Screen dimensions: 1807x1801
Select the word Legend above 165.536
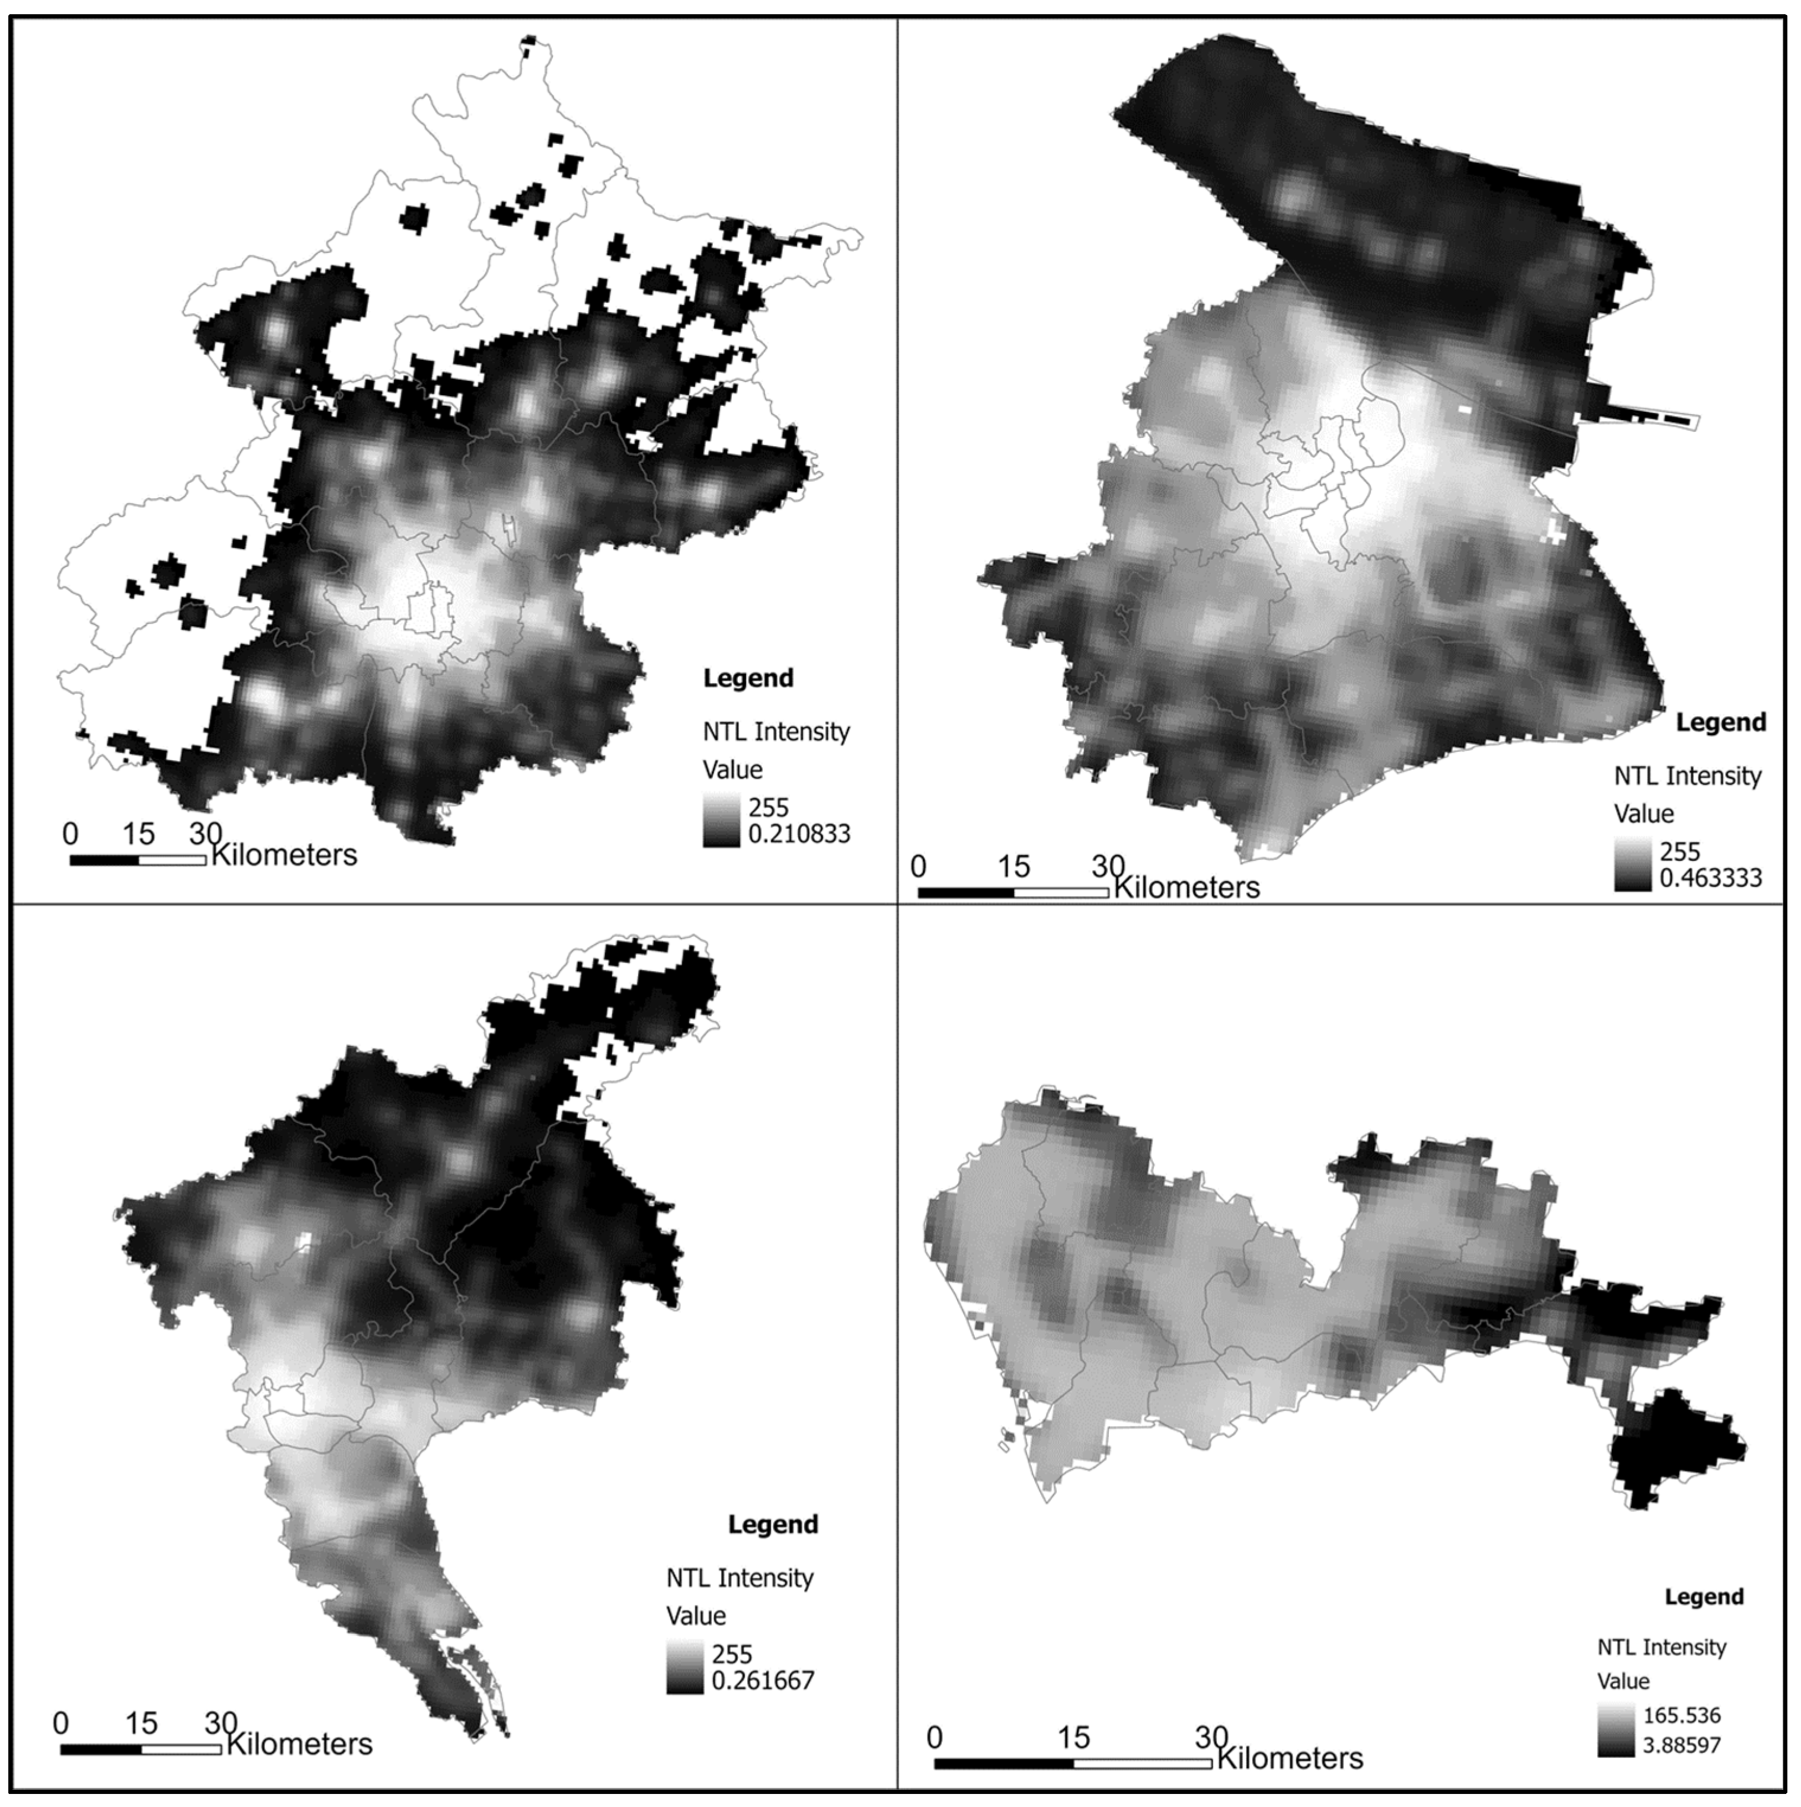click(x=1704, y=1597)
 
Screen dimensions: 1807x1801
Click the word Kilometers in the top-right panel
click(x=1186, y=887)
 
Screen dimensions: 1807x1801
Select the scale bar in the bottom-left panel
click(x=140, y=1749)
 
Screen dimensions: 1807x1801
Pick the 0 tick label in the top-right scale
click(x=918, y=867)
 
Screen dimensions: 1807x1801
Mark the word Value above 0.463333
click(x=1644, y=813)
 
